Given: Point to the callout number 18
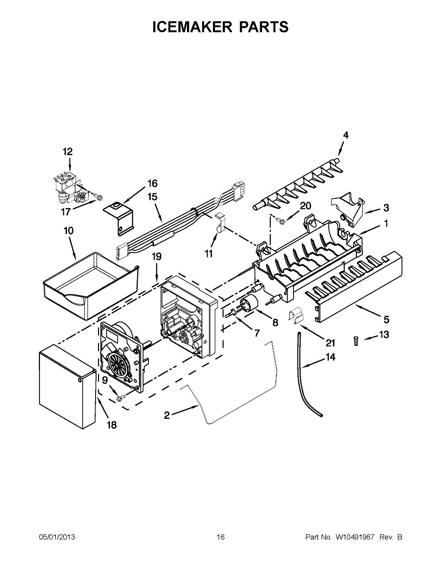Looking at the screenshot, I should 111,425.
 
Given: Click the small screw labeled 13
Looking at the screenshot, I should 356,340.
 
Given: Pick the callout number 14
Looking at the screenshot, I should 330,357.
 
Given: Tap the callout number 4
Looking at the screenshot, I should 346,136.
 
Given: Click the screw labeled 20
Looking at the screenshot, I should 281,219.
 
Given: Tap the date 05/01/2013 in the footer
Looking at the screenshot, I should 57,537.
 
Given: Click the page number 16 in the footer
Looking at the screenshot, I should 220,537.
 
